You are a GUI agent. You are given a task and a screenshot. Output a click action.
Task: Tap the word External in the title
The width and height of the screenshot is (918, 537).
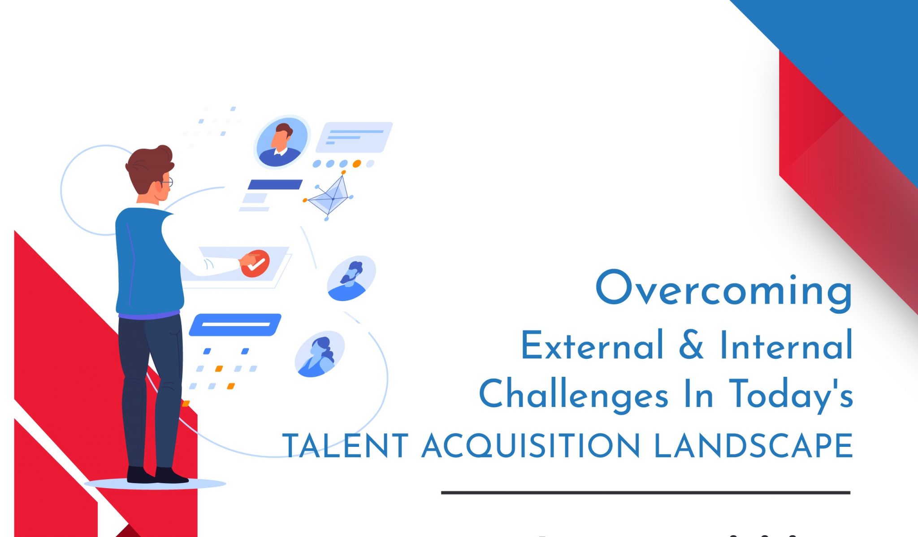pyautogui.click(x=592, y=345)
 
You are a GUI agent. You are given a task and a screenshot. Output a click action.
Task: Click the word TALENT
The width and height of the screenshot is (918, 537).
pyautogui.click(x=346, y=446)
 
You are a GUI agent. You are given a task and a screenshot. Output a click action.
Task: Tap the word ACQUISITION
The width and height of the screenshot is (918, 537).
pyautogui.click(x=531, y=446)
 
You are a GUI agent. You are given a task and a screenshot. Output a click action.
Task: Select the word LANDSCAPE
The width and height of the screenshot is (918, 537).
pyautogui.click(x=753, y=446)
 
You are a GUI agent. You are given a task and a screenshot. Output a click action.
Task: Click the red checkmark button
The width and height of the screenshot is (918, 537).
pyautogui.click(x=255, y=264)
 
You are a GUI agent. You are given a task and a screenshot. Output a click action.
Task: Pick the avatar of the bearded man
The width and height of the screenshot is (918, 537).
pyautogui.click(x=351, y=279)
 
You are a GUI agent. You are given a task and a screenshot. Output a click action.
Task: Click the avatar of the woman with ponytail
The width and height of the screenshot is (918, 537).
pyautogui.click(x=320, y=355)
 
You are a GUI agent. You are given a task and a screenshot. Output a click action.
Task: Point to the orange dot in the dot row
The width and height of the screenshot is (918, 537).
pyautogui.click(x=357, y=164)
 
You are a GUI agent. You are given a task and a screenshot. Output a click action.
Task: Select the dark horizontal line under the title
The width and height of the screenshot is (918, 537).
pyautogui.click(x=645, y=493)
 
